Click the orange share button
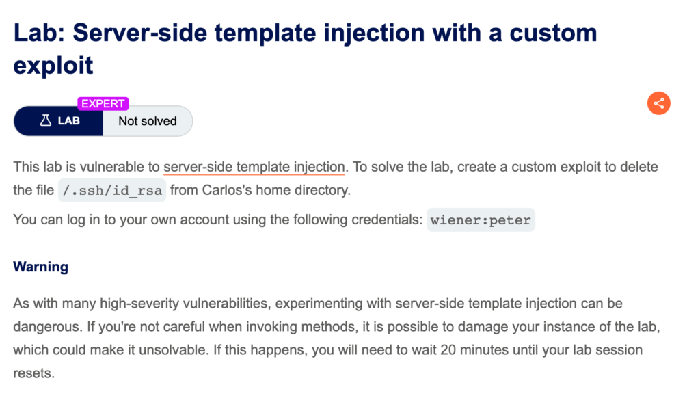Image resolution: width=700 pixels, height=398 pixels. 658,103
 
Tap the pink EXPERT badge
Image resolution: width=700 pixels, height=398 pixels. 103,104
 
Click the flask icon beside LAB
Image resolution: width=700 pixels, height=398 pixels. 46,120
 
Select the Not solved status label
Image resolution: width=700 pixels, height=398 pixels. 148,121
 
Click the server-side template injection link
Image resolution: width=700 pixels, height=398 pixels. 254,167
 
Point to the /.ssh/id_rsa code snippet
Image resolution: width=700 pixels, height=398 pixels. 112,191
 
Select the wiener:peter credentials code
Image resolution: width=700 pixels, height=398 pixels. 481,220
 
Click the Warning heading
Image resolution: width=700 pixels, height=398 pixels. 40,267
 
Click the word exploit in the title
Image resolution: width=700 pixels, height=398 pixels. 53,65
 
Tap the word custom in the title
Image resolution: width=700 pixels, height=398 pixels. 553,33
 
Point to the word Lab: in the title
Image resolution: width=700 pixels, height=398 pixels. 39,33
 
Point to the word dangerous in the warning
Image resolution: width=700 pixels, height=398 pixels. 46,327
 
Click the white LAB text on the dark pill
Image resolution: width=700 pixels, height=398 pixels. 69,121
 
